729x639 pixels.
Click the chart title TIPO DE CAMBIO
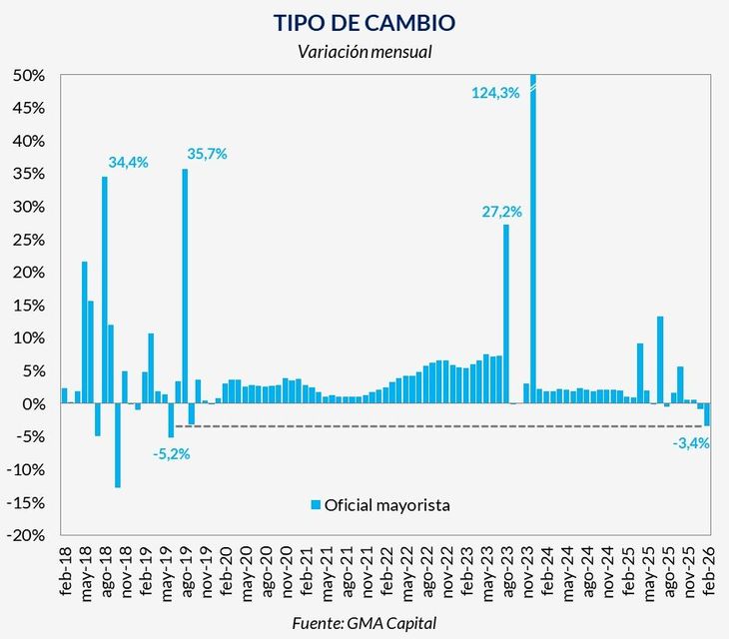[x=364, y=21]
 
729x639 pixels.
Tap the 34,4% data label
[x=127, y=162]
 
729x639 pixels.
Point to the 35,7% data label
[x=207, y=154]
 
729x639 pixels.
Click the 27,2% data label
[x=501, y=212]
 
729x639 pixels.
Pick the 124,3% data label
[x=495, y=93]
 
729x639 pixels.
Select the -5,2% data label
[x=172, y=453]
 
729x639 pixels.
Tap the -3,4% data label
[x=690, y=443]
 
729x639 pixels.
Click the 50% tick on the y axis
[x=30, y=76]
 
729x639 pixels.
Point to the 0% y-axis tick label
[x=35, y=404]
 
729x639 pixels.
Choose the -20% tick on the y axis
[x=28, y=535]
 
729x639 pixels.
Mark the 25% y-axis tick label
[x=30, y=240]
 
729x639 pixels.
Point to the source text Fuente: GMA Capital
[x=364, y=623]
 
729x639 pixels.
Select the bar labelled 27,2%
[x=506, y=315]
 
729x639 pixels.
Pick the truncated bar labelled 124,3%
[x=532, y=240]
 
